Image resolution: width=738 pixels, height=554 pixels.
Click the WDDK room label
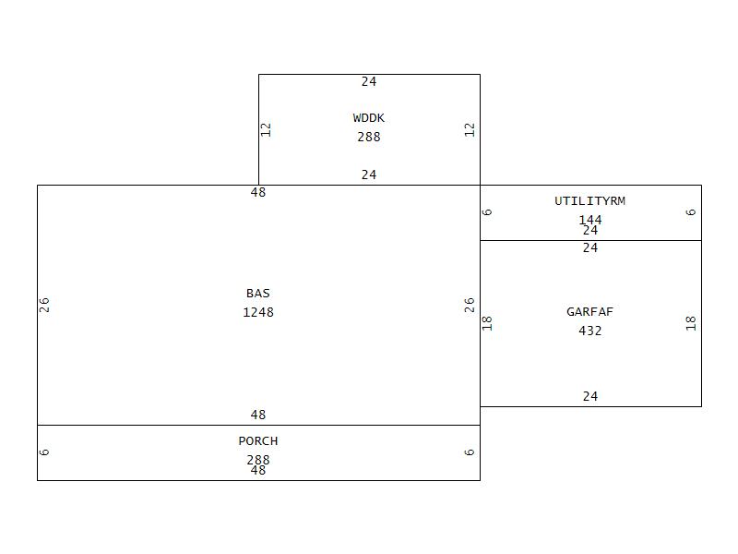[369, 118]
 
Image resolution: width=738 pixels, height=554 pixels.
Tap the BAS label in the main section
[258, 294]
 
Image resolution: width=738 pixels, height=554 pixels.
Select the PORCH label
[258, 441]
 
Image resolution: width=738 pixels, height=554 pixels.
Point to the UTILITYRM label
[590, 201]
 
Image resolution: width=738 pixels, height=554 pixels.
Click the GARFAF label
[590, 312]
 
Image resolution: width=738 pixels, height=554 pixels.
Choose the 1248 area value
[258, 312]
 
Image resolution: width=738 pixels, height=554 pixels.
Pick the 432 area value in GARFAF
[590, 331]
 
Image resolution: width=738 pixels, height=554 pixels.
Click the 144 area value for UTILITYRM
[590, 220]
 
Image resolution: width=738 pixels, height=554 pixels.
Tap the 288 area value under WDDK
[369, 137]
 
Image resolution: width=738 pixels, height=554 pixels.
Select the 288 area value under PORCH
[258, 460]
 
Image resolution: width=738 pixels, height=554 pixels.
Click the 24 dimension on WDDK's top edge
[369, 82]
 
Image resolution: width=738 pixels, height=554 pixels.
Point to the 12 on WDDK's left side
[267, 129]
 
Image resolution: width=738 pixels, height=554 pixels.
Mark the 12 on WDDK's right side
[470, 129]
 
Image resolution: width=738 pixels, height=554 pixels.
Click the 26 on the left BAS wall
[44, 305]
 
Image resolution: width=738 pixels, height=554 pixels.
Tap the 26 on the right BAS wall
[470, 305]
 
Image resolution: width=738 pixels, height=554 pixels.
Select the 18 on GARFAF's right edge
[691, 323]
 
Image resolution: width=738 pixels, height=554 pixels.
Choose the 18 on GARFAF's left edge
[488, 323]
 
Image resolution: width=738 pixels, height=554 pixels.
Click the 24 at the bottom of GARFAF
[590, 396]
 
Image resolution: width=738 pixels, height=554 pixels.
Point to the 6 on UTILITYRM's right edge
[691, 212]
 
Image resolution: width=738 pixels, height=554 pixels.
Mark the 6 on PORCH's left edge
[44, 452]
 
